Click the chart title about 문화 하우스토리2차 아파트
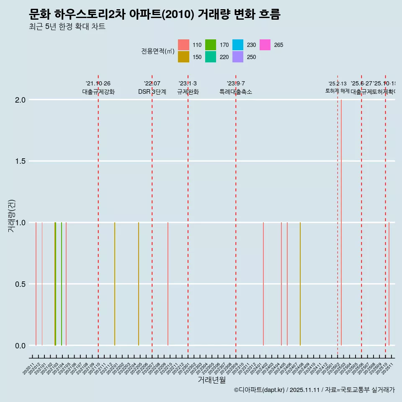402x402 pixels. pyautogui.click(x=155, y=15)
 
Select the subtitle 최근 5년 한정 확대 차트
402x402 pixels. pyautogui.click(x=67, y=27)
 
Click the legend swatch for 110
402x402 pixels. pyautogui.click(x=183, y=45)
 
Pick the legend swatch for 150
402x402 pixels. pyautogui.click(x=183, y=57)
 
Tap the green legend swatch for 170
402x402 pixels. pyautogui.click(x=211, y=45)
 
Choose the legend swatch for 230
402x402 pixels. pyautogui.click(x=238, y=45)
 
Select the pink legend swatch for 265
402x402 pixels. pyautogui.click(x=265, y=45)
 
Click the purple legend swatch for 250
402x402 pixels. pyautogui.click(x=238, y=57)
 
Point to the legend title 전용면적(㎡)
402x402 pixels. pyautogui.click(x=157, y=51)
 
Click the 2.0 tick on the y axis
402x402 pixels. pyautogui.click(x=20, y=100)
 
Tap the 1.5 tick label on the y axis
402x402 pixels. pyautogui.click(x=20, y=161)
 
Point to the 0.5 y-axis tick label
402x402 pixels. pyautogui.click(x=20, y=284)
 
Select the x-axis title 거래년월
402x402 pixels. pyautogui.click(x=211, y=380)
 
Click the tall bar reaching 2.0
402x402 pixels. pyautogui.click(x=341, y=222)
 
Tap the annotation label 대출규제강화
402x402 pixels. pyautogui.click(x=98, y=92)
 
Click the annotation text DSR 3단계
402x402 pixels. pyautogui.click(x=152, y=92)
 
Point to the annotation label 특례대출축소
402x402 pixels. pyautogui.click(x=236, y=92)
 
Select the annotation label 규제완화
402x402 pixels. pyautogui.click(x=188, y=92)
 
